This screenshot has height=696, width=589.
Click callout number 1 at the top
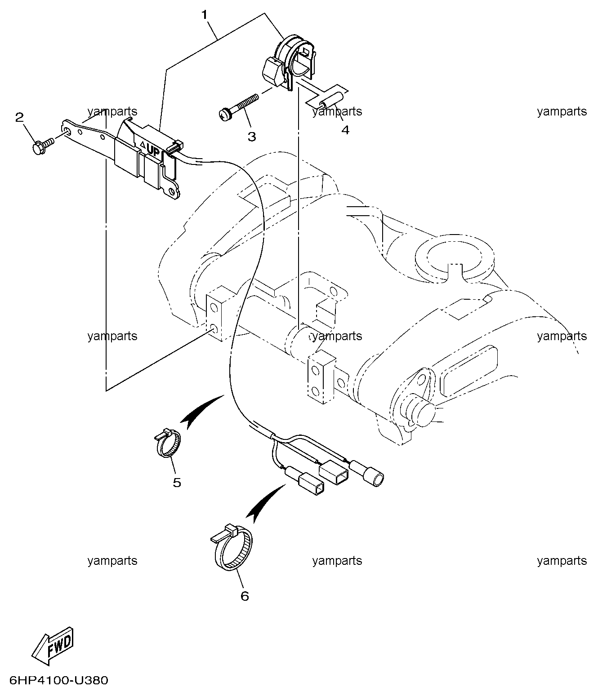205,15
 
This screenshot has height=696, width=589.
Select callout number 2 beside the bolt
19,117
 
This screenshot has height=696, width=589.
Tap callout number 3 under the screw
252,137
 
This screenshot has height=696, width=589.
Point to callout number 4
345,130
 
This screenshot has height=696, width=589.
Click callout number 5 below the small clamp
177,483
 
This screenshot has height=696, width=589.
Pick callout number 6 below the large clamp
245,596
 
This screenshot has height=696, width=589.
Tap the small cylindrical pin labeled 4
332,102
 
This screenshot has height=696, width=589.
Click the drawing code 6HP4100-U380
58,680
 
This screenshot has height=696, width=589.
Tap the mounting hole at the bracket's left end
67,131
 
